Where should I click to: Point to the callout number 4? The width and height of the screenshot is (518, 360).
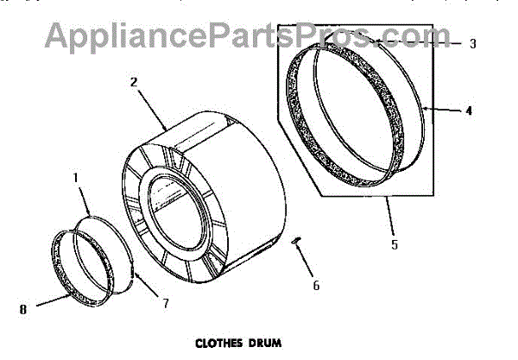[x=468, y=111]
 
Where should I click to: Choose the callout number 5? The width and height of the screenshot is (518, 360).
[x=395, y=244]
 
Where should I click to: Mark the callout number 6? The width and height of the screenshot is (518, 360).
[x=316, y=284]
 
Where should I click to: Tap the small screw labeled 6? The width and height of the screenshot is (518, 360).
[x=296, y=242]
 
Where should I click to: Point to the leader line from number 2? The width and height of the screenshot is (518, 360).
[x=152, y=108]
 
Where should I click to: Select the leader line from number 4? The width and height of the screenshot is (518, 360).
[x=442, y=110]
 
